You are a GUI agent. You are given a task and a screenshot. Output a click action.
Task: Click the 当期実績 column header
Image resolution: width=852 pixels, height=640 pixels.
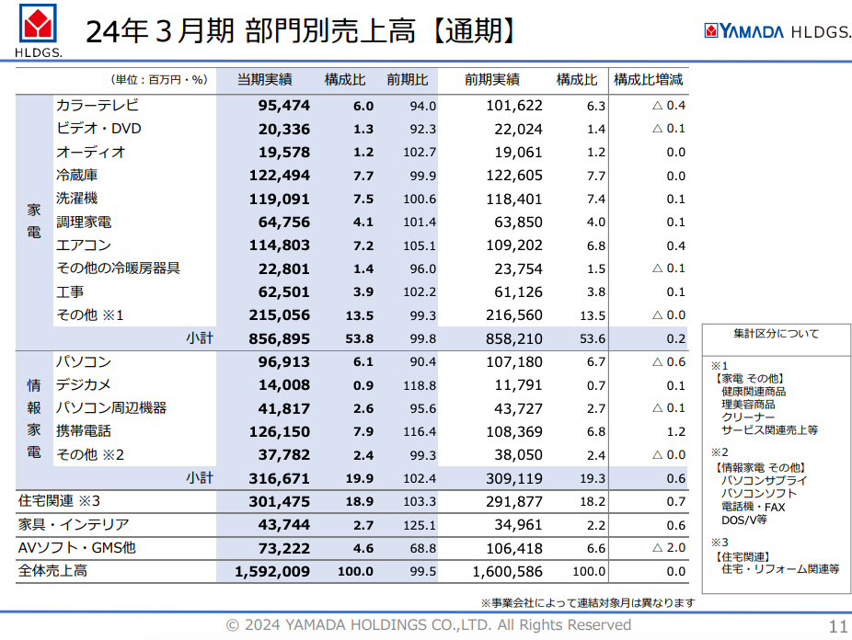[265, 80]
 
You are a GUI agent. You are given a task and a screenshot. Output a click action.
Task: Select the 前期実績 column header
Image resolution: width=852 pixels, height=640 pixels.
[492, 80]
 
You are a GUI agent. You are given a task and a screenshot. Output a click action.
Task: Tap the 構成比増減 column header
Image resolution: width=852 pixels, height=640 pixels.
[649, 80]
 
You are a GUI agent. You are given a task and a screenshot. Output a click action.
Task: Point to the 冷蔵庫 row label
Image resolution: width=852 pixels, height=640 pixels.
[77, 175]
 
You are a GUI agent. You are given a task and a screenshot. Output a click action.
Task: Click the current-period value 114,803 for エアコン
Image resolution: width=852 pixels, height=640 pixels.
[280, 246]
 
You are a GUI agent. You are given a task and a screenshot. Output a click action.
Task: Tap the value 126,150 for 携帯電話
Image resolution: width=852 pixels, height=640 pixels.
[280, 431]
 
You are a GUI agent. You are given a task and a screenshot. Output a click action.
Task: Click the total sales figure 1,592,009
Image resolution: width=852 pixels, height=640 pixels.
[272, 571]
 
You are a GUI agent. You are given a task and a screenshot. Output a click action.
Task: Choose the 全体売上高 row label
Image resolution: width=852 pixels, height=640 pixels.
[52, 571]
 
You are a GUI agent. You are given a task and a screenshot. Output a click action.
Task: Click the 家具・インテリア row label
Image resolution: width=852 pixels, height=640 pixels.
[74, 524]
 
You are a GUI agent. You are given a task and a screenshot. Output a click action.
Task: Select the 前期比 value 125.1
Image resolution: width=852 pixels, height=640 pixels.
[420, 525]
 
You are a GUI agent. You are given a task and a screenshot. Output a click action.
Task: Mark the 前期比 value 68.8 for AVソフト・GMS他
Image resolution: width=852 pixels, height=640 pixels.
[423, 548]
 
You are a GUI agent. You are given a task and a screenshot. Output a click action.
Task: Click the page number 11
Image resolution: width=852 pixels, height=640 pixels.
[837, 627]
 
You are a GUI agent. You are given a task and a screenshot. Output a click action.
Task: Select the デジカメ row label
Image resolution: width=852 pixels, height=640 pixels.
[84, 385]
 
